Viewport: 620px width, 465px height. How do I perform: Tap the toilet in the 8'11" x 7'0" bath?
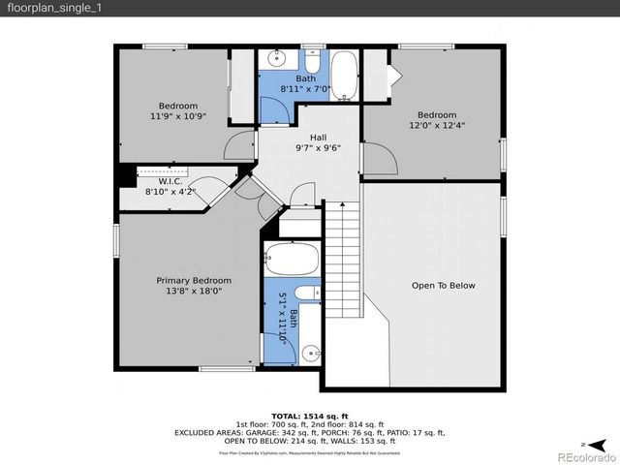[x=315, y=60]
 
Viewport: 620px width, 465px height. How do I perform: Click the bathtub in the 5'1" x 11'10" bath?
[x=291, y=260]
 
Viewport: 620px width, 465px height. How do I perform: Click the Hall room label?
[x=318, y=138]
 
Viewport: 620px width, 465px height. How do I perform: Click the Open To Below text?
[x=443, y=285]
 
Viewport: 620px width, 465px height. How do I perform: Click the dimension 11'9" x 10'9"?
[x=178, y=116]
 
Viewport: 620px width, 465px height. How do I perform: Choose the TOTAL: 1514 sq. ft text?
[x=309, y=415]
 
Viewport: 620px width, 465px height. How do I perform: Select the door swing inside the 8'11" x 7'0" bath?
[x=275, y=109]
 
